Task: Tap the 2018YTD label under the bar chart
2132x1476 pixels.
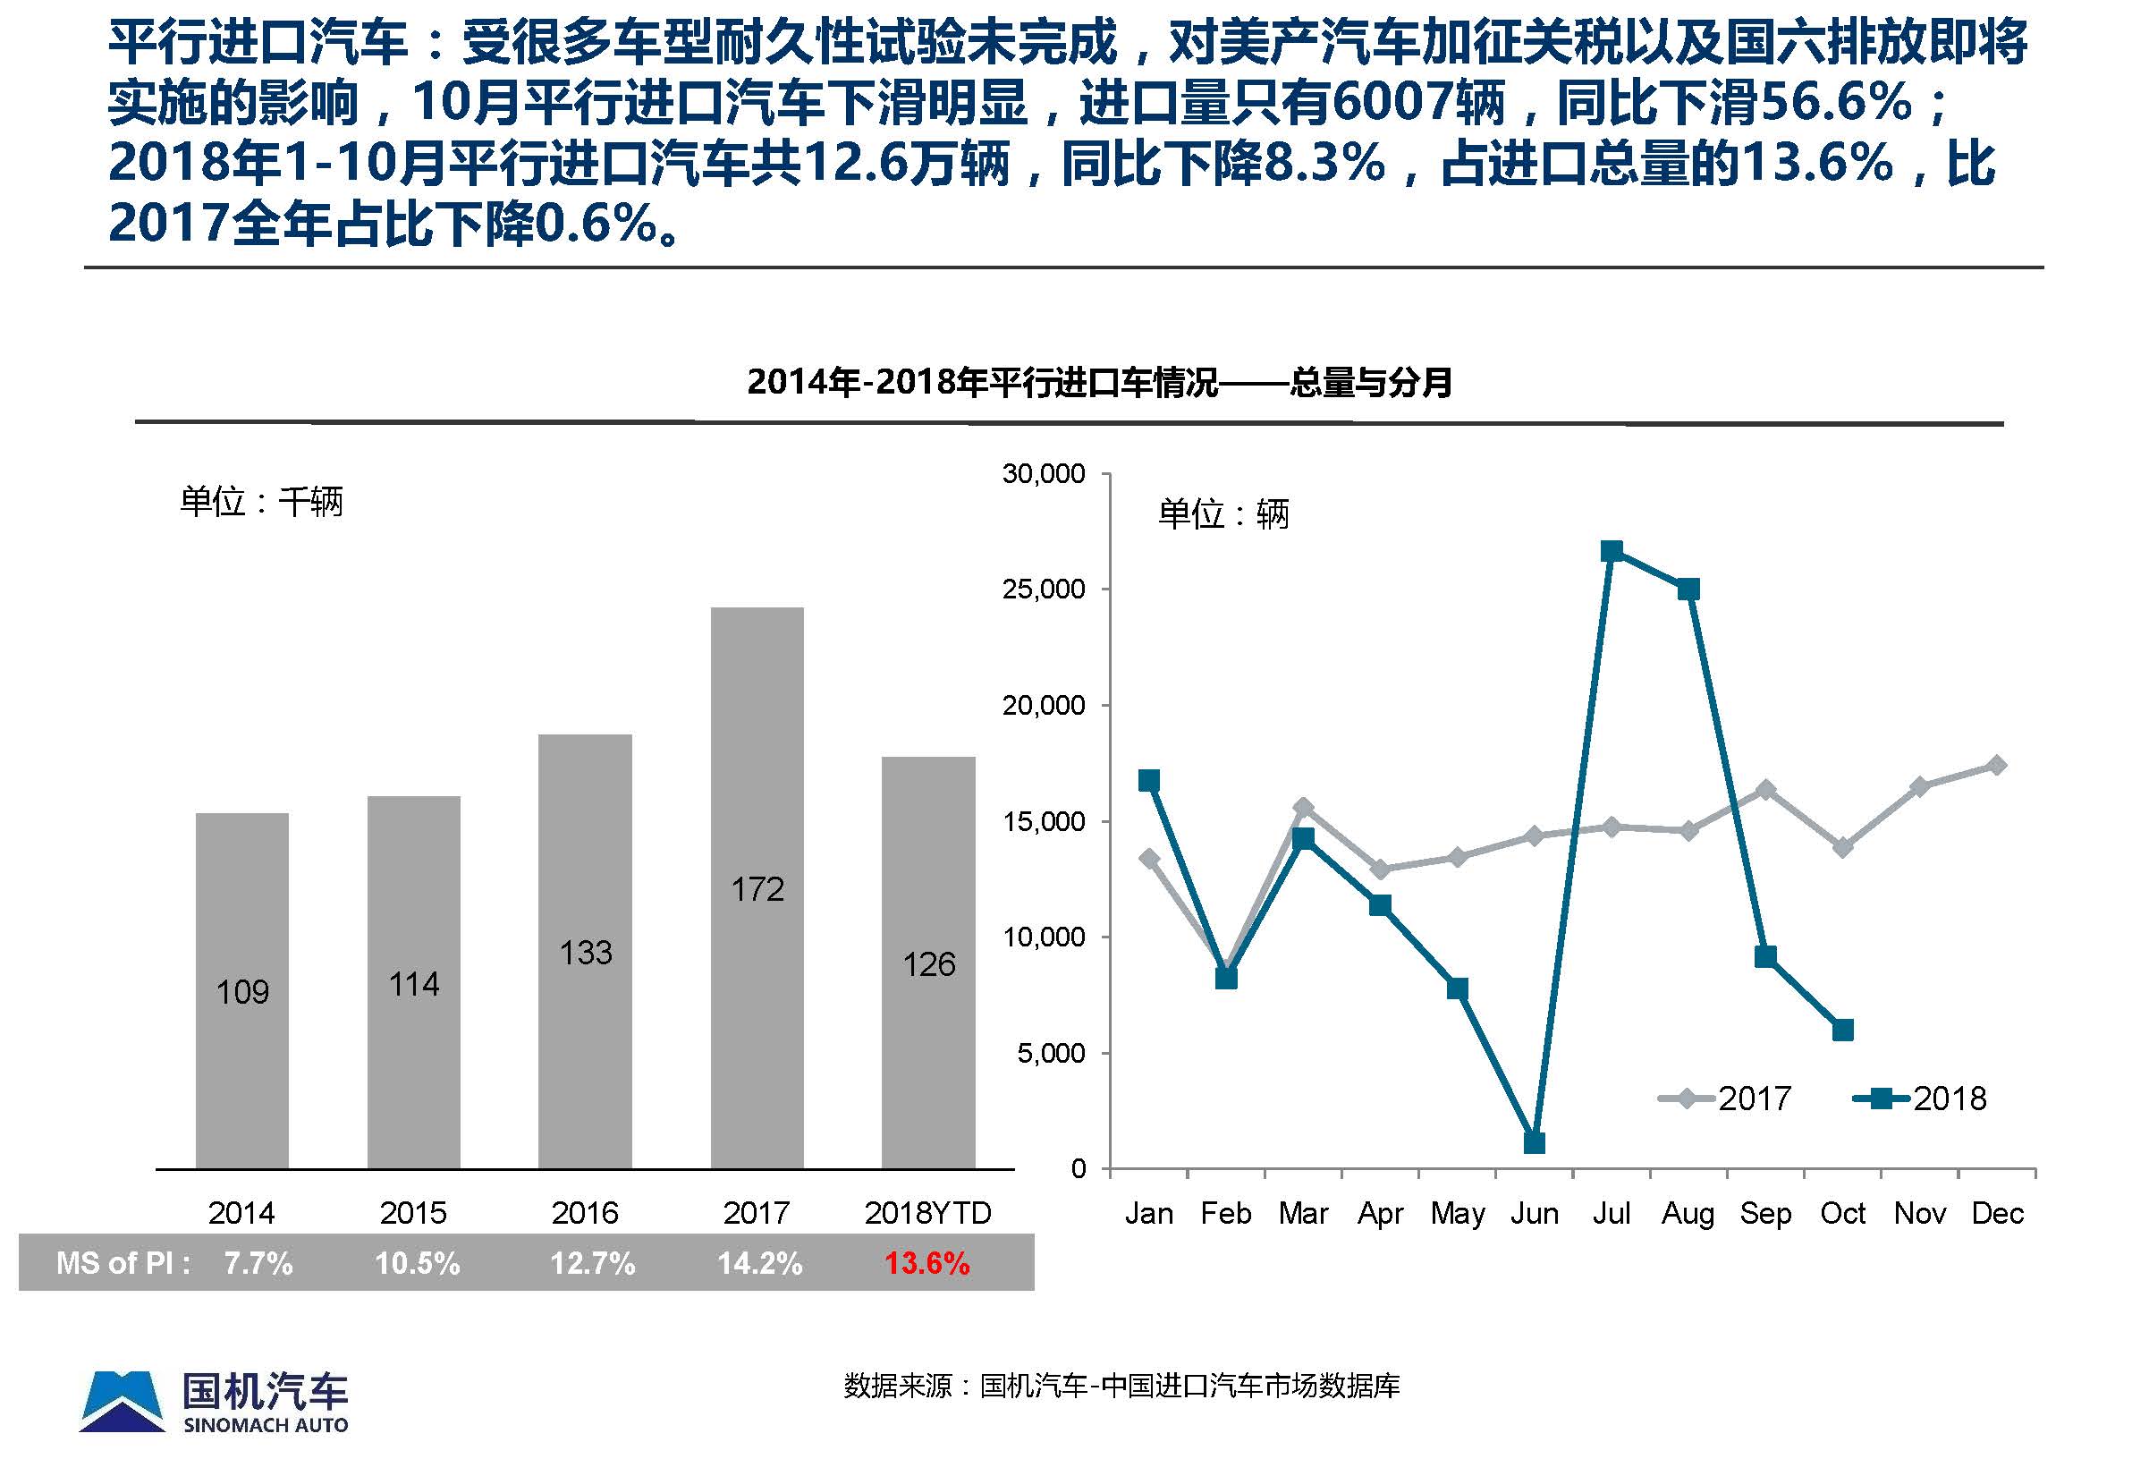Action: pyautogui.click(x=927, y=1212)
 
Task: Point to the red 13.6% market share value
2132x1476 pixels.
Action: pyautogui.click(x=926, y=1263)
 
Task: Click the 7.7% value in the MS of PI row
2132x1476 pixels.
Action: pyautogui.click(x=258, y=1263)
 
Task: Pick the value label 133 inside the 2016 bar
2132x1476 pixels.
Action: pyautogui.click(x=585, y=953)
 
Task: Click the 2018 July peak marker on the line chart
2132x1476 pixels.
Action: pyautogui.click(x=1612, y=552)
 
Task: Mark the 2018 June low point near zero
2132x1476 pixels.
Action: pyautogui.click(x=1534, y=1143)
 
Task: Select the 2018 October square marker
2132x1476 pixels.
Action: pyautogui.click(x=1842, y=1031)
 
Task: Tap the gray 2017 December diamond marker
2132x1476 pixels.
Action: pyautogui.click(x=1997, y=765)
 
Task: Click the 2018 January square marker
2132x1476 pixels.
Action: pyautogui.click(x=1149, y=781)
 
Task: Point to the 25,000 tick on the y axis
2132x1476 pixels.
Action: pyautogui.click(x=1044, y=590)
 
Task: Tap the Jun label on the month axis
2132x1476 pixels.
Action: pyautogui.click(x=1534, y=1213)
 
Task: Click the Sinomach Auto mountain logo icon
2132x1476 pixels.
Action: pyautogui.click(x=122, y=1401)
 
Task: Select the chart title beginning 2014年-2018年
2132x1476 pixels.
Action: pyautogui.click(x=1098, y=382)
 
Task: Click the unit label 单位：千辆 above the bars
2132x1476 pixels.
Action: pyautogui.click(x=262, y=502)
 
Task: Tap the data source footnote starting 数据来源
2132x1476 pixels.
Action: pyautogui.click(x=1121, y=1386)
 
